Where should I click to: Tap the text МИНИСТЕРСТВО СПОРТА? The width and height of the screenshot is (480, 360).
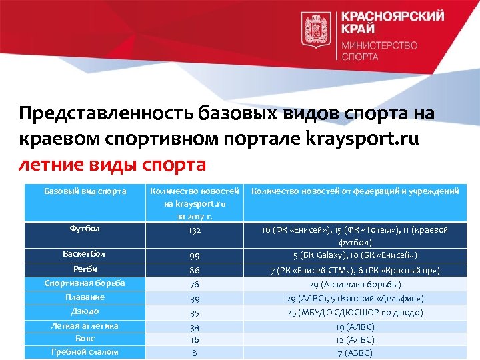pyautogui.click(x=380, y=51)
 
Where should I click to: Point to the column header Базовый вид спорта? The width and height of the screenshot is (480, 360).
pyautogui.click(x=85, y=191)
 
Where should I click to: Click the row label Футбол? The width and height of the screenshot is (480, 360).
pyautogui.click(x=85, y=229)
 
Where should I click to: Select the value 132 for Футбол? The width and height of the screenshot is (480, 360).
pyautogui.click(x=195, y=229)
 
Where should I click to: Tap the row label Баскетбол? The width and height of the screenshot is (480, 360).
pyautogui.click(x=85, y=254)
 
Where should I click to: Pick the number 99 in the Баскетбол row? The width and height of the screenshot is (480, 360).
pyautogui.click(x=195, y=255)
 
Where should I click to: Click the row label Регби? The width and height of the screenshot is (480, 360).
pyautogui.click(x=85, y=269)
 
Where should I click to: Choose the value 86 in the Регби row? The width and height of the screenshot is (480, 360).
pyautogui.click(x=195, y=271)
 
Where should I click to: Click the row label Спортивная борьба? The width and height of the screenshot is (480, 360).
pyautogui.click(x=85, y=283)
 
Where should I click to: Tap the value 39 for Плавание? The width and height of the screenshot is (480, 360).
pyautogui.click(x=195, y=299)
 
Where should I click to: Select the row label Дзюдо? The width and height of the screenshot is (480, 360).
pyautogui.click(x=85, y=311)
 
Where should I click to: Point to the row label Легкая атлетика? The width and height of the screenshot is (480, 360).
pyautogui.click(x=85, y=326)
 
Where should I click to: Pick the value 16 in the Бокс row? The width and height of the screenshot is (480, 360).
pyautogui.click(x=195, y=339)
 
